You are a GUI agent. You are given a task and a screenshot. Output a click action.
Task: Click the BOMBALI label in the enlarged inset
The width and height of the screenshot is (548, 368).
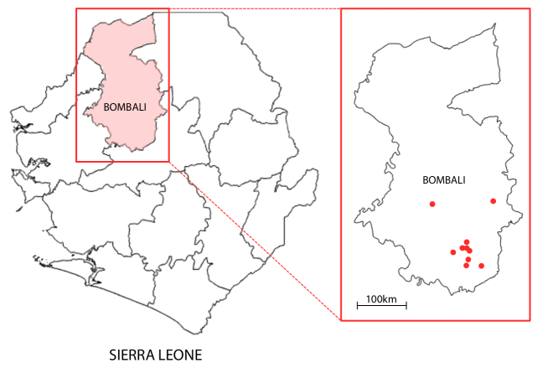(x=444, y=180)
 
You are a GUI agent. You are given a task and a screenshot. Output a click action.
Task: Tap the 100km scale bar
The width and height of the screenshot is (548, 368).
(x=382, y=305)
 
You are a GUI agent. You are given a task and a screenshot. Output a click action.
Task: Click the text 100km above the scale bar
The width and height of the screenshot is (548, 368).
(x=381, y=298)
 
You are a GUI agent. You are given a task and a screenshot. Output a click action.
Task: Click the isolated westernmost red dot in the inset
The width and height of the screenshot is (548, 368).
(x=432, y=204)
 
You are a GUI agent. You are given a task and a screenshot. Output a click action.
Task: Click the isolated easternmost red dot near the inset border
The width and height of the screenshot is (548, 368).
(x=493, y=201)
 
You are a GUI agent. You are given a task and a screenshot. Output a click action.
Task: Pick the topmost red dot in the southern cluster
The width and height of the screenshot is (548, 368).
(x=467, y=242)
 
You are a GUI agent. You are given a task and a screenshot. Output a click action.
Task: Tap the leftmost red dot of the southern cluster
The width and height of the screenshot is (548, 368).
(x=453, y=251)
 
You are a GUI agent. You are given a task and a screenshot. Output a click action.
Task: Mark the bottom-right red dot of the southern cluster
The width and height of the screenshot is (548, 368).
(x=481, y=266)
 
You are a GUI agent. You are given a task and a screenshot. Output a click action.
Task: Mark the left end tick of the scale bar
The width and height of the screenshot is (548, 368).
(x=358, y=305)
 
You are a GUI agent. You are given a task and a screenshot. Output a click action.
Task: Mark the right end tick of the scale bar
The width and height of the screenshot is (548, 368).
(x=406, y=305)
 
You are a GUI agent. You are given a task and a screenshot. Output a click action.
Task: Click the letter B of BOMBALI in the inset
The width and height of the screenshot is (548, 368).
(x=426, y=180)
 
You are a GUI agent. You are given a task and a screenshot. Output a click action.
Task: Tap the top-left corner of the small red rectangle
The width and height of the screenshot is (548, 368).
(x=76, y=9)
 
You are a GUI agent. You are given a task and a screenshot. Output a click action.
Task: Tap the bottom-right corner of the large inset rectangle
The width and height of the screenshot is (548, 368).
(x=530, y=320)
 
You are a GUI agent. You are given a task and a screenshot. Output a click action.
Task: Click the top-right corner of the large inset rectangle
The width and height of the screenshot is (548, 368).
(x=530, y=9)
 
